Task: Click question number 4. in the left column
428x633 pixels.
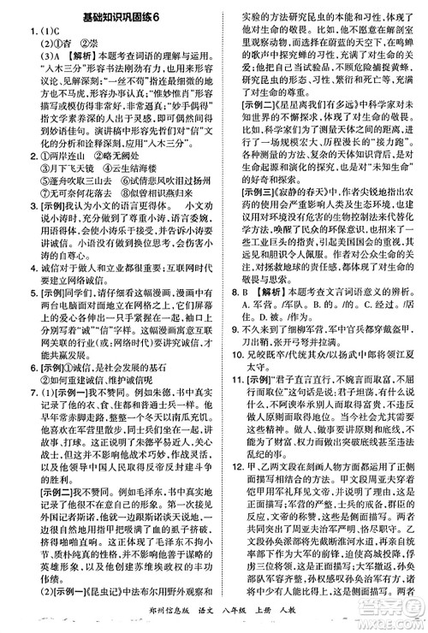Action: pyautogui.click(x=10, y=315)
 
